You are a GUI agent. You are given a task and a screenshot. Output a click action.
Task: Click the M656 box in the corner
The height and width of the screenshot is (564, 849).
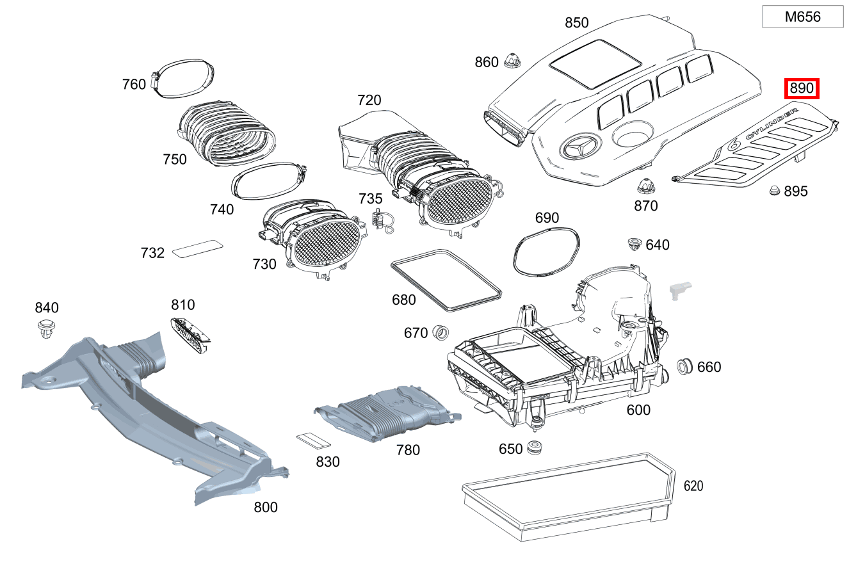(x=802, y=17)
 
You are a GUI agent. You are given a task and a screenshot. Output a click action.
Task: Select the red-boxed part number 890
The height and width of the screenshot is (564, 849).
(x=802, y=88)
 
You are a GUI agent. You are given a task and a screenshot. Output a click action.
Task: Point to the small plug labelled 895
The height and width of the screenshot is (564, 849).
(x=774, y=190)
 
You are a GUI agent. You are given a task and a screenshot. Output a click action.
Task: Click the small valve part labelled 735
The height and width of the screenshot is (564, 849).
(x=380, y=219)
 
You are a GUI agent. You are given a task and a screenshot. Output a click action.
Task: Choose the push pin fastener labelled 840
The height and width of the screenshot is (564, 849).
(x=46, y=328)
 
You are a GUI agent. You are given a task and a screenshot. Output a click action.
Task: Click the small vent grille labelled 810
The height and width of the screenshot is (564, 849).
(x=190, y=333)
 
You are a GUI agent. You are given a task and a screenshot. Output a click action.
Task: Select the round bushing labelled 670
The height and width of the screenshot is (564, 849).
(x=440, y=332)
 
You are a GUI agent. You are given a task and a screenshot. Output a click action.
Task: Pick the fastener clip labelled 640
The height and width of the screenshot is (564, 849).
(x=634, y=244)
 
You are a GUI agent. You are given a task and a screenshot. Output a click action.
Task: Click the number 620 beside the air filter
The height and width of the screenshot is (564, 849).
(x=693, y=486)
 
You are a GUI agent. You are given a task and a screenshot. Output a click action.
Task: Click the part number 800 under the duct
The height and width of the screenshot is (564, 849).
(x=265, y=507)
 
